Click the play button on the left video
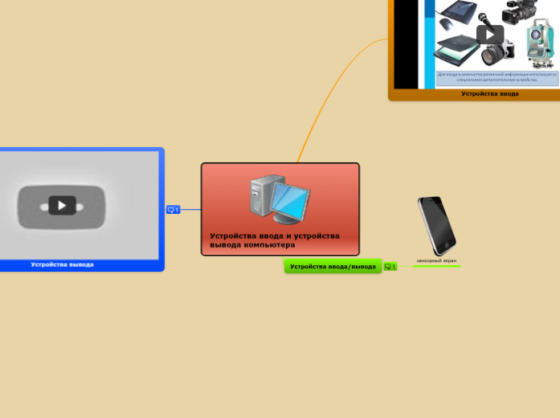62,205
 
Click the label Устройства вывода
62,264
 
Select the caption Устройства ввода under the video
489,93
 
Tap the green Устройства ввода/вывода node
333,266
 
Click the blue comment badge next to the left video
173,210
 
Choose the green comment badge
390,266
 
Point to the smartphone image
436,225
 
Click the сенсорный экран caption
436,260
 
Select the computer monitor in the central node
290,200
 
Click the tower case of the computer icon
262,199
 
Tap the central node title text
274,240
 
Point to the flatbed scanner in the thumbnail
456,50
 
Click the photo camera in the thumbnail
498,53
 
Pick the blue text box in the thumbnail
497,77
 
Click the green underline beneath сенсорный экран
436,266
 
